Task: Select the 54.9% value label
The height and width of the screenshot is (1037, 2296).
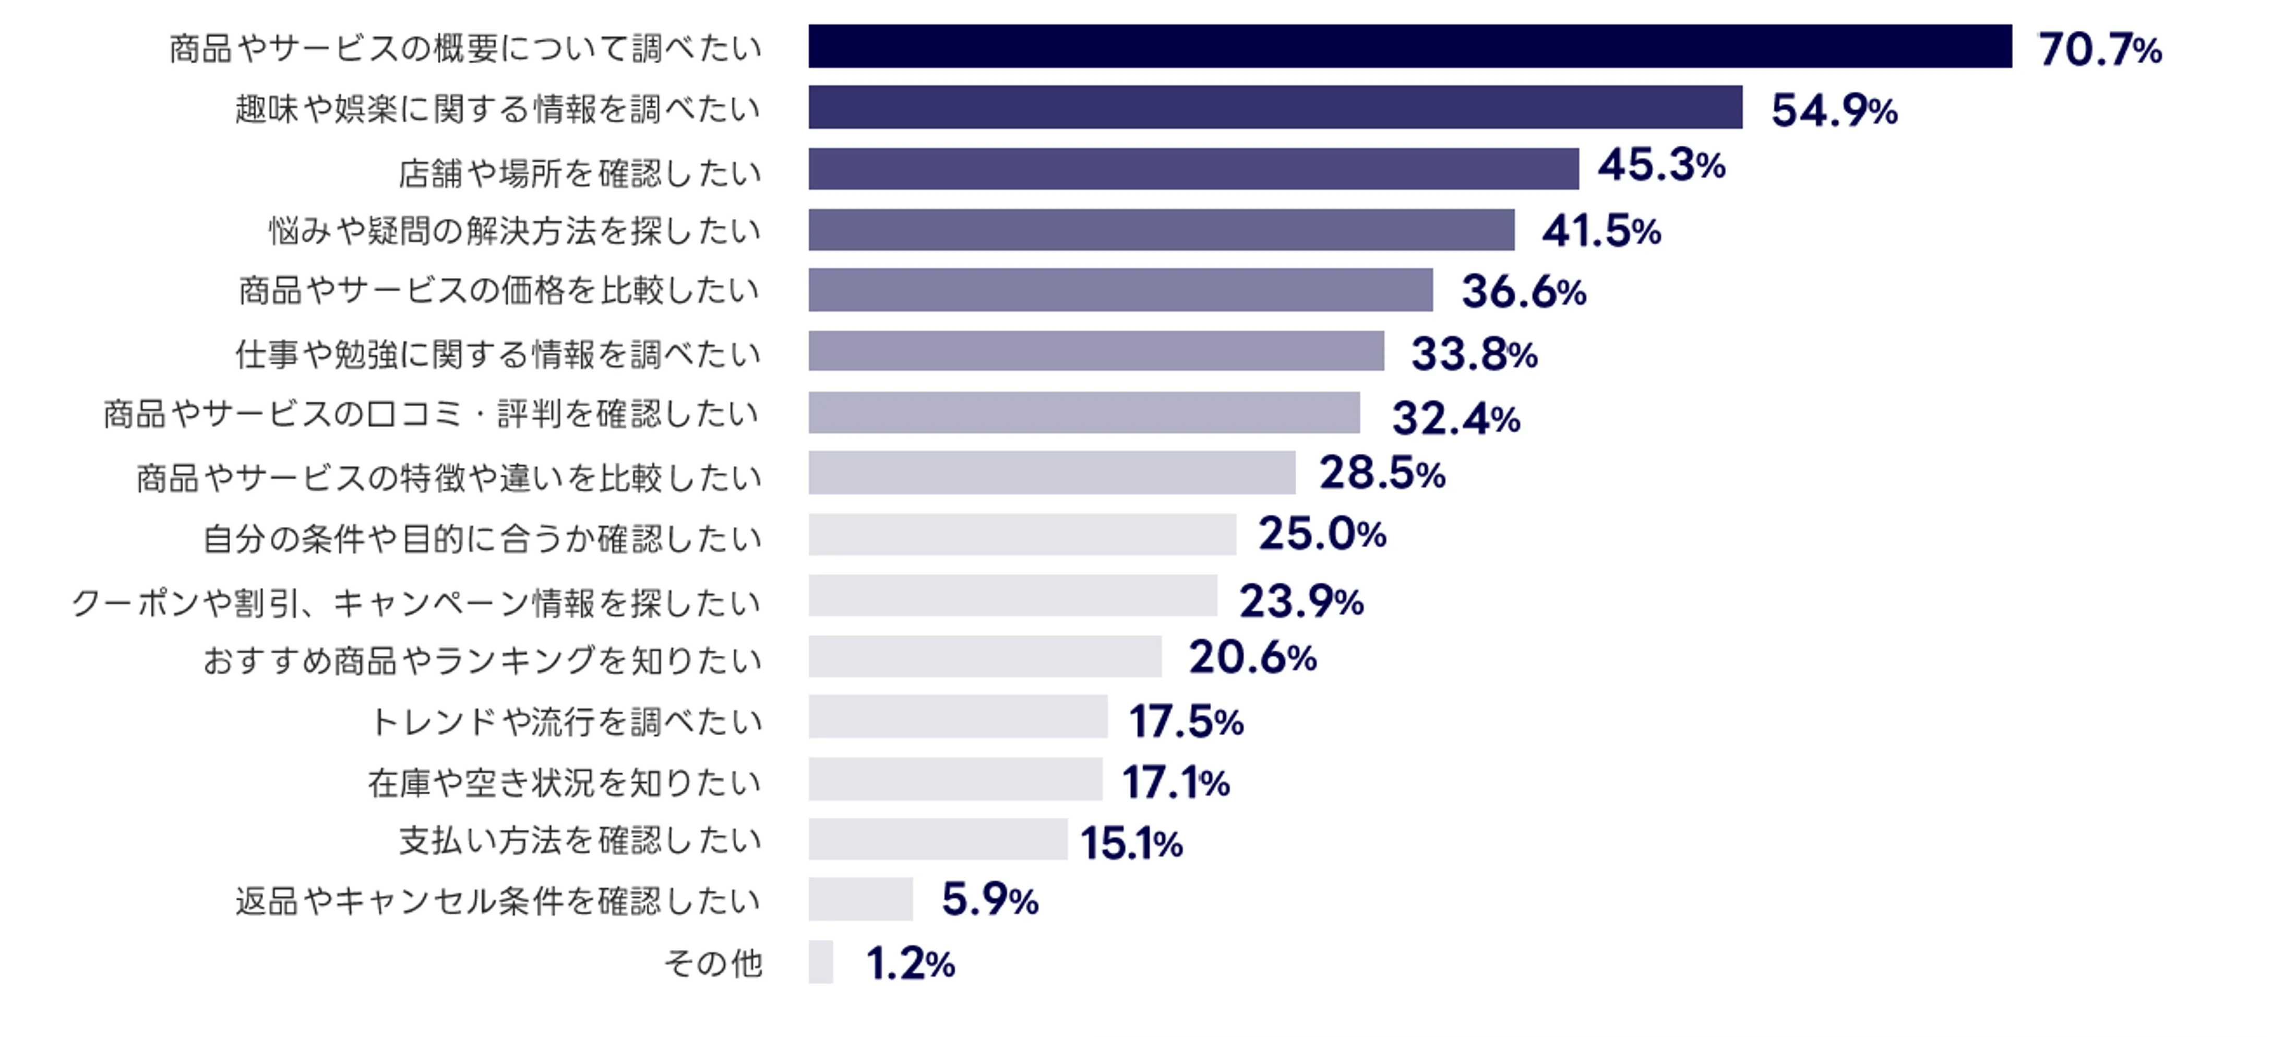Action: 1834,111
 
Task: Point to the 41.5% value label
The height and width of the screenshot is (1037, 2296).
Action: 1601,231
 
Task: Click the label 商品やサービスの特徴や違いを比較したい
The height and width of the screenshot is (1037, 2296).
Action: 448,478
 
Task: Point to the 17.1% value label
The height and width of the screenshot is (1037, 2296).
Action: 1175,782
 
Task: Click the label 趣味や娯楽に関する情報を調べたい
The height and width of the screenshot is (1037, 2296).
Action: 497,109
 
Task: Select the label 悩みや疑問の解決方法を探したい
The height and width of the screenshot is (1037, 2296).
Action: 515,231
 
